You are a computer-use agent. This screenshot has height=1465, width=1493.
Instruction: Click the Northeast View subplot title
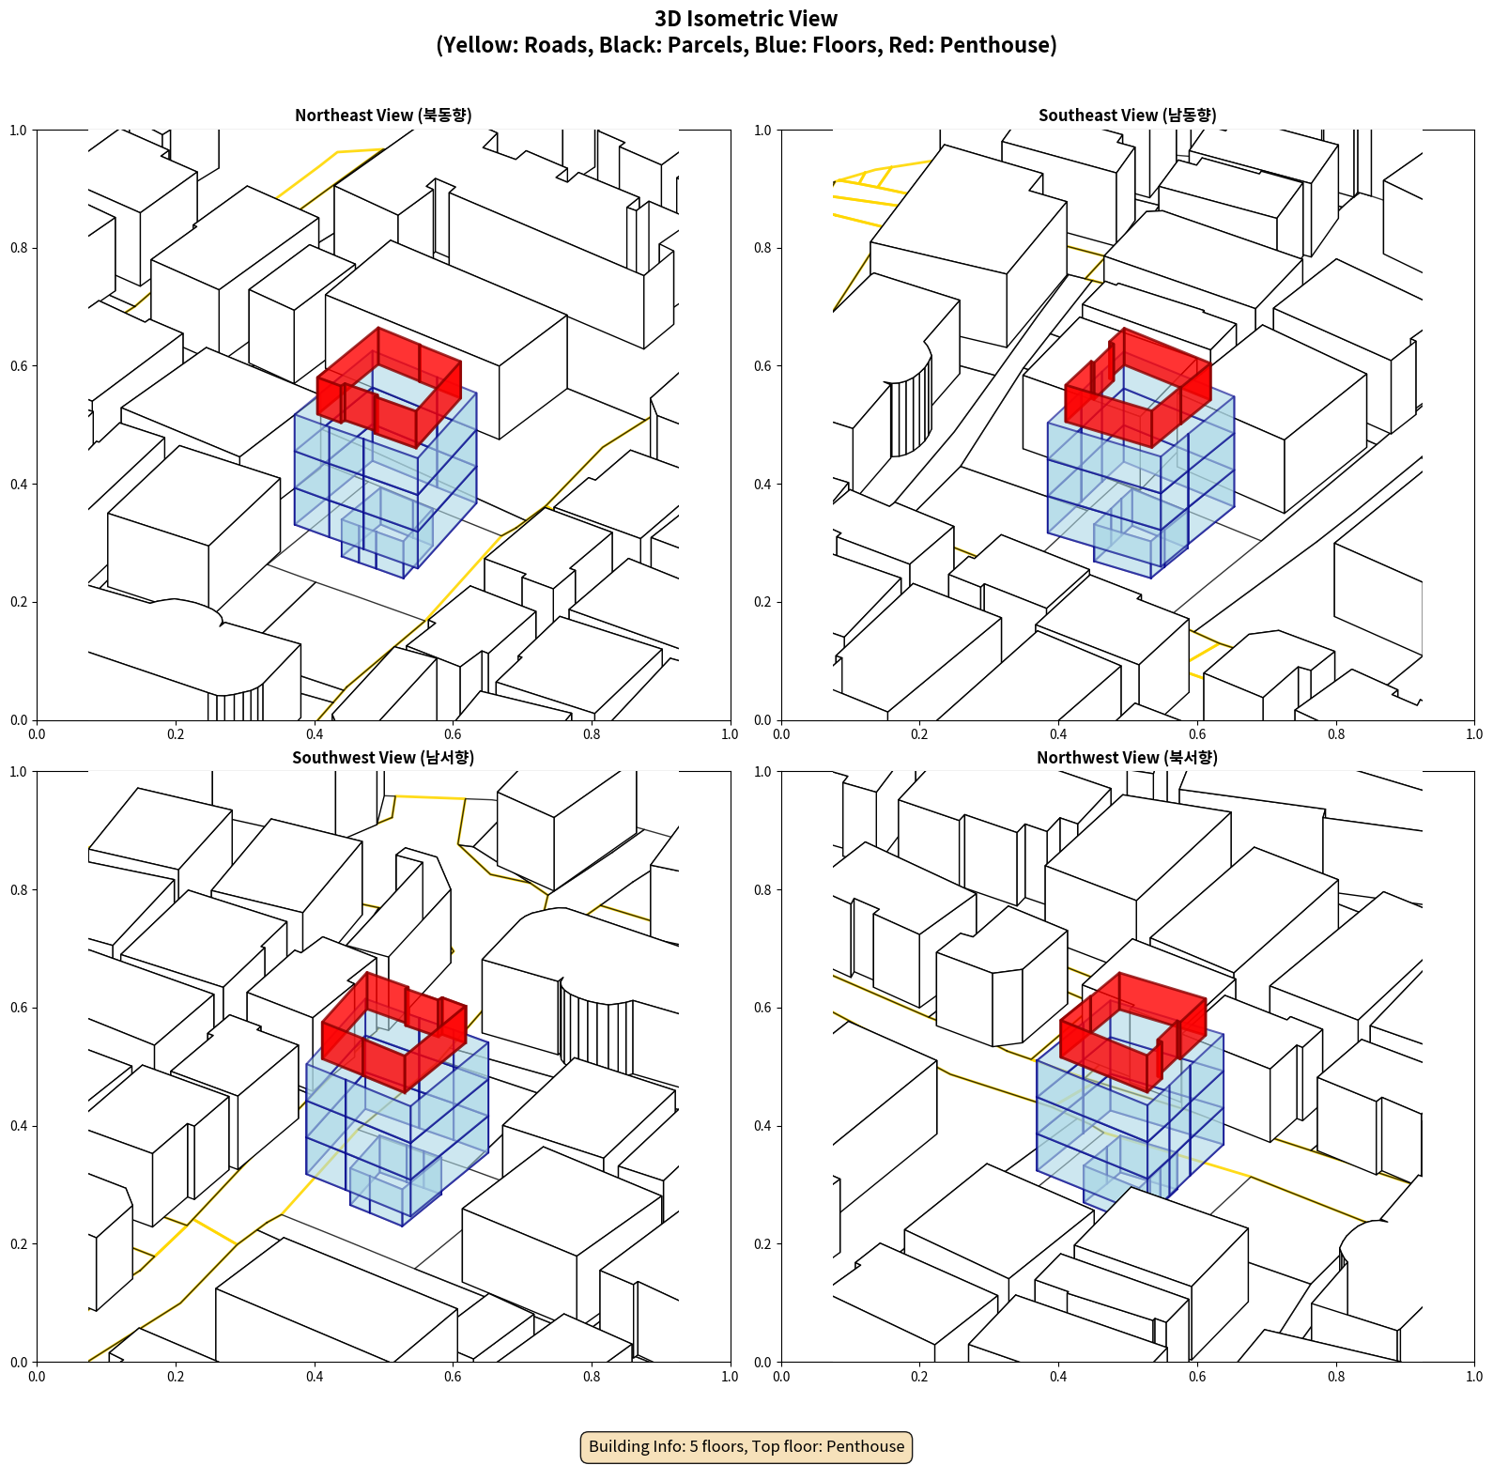click(x=383, y=115)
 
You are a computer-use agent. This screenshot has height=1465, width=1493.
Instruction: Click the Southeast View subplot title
click(x=1127, y=115)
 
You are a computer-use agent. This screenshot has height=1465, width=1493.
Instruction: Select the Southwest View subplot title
click(x=383, y=757)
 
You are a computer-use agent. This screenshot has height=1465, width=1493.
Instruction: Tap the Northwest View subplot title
click(x=1127, y=757)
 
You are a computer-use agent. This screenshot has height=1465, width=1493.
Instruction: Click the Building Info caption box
click(x=746, y=1446)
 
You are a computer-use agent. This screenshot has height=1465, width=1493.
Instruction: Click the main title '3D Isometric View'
click(x=746, y=19)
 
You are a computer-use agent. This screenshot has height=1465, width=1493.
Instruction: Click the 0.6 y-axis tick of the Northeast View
click(x=19, y=366)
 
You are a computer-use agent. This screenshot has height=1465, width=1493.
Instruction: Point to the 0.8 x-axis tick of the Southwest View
click(x=592, y=1377)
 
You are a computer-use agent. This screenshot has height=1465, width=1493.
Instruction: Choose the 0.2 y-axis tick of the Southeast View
click(x=763, y=602)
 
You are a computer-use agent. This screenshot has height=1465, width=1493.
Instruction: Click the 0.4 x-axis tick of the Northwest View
click(x=1058, y=1377)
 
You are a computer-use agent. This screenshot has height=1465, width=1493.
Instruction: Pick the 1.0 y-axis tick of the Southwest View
click(x=19, y=772)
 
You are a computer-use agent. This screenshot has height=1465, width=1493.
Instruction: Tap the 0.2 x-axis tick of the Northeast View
click(x=176, y=734)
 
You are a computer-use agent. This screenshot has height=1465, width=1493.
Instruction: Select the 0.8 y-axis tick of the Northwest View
click(x=763, y=890)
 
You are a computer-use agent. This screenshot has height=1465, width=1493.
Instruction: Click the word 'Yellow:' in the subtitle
click(x=476, y=45)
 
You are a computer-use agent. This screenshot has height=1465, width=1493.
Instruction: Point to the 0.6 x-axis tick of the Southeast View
click(x=1197, y=734)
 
